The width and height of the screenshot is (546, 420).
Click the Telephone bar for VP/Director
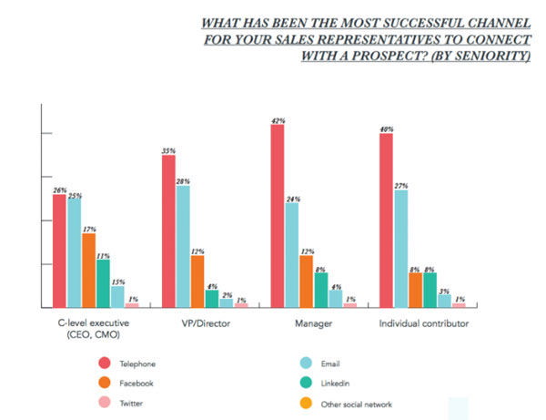coord(168,231)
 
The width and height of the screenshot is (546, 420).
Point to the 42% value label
coord(277,118)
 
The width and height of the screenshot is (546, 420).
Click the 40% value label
coord(386,128)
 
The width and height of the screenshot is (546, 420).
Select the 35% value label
coord(167,149)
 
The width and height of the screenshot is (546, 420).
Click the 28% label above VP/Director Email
coord(182,179)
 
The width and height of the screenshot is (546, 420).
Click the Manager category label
coord(311,323)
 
